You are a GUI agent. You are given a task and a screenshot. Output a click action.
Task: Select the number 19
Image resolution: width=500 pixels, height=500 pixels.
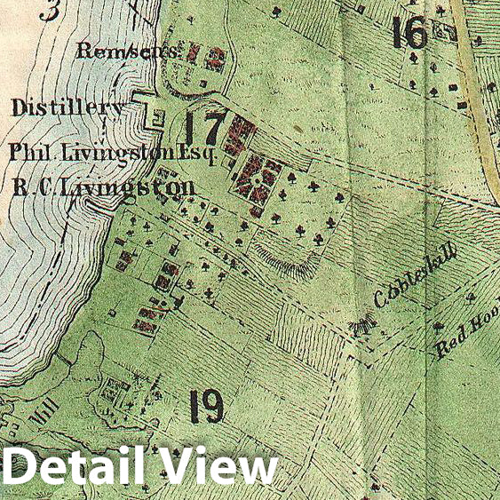pos(205,407)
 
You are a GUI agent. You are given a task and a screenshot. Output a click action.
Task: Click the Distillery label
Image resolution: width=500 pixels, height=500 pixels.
pos(67,108)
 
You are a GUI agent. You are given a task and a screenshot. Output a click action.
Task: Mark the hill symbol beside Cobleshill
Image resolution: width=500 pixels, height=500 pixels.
pos(361,329)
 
